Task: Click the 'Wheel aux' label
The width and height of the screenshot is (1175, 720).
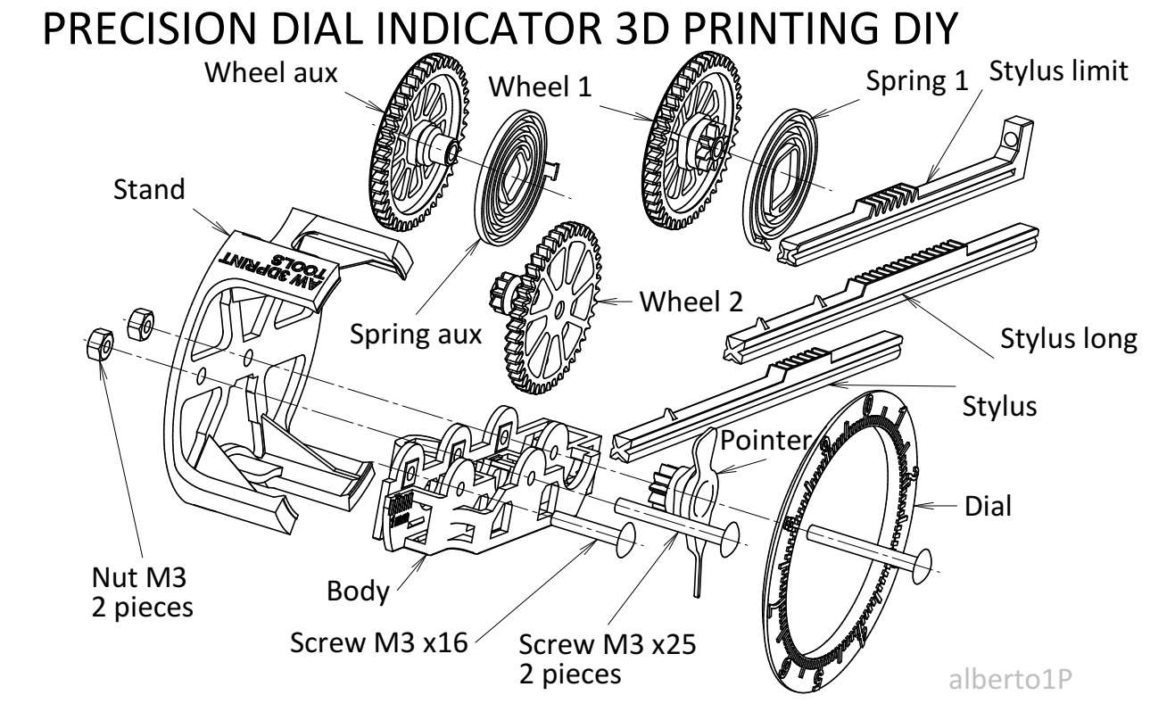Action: pos(271,72)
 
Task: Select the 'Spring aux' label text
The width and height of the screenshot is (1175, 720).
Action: pos(415,335)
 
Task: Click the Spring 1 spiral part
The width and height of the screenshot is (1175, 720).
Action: pos(785,174)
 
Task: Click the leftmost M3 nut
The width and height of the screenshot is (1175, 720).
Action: pos(98,343)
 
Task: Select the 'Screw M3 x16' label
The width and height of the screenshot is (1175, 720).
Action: pos(379,642)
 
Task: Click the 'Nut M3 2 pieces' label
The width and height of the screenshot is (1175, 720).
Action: pos(141,593)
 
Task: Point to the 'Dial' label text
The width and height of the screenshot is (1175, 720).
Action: pos(988,507)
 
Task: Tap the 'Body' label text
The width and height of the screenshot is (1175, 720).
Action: pos(358,591)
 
